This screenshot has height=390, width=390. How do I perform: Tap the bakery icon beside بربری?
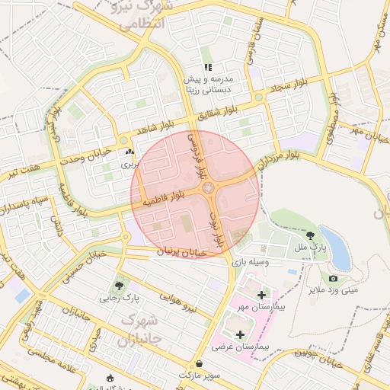click(x=128, y=152)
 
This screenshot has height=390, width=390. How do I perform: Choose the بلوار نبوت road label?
click(x=218, y=228)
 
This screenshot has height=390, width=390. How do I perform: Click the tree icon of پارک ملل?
click(x=309, y=236)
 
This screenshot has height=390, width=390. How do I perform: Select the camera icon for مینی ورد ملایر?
click(x=333, y=280)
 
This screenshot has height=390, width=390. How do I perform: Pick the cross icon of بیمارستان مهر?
click(x=262, y=294)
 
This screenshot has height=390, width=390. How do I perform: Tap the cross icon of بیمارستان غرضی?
click(x=241, y=334)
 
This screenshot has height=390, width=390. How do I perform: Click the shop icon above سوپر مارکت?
click(x=199, y=364)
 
